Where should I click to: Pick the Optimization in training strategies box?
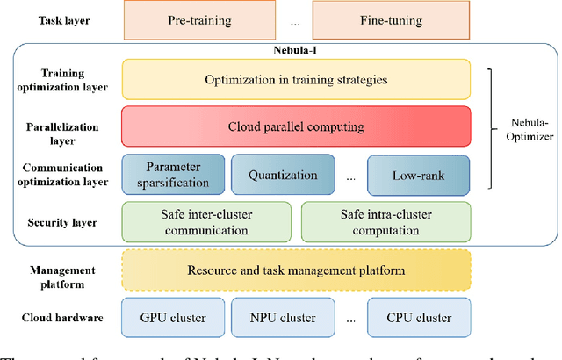click(296, 79)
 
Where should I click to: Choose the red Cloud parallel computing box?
click(296, 126)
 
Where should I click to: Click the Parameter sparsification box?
click(172, 176)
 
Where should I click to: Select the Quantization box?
click(283, 176)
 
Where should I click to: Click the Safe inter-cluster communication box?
click(205, 221)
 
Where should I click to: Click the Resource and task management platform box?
click(296, 270)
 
